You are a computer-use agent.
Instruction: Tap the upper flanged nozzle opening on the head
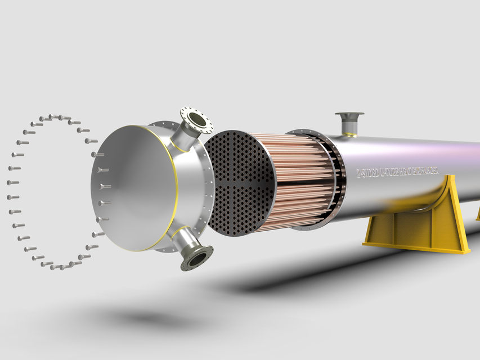(x=196, y=119)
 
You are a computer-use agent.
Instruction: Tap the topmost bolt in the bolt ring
(x=56, y=116)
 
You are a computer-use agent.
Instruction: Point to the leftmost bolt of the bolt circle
(x=11, y=183)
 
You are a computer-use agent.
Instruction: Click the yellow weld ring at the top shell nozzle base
(x=350, y=134)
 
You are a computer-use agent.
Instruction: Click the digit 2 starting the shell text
(x=359, y=175)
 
